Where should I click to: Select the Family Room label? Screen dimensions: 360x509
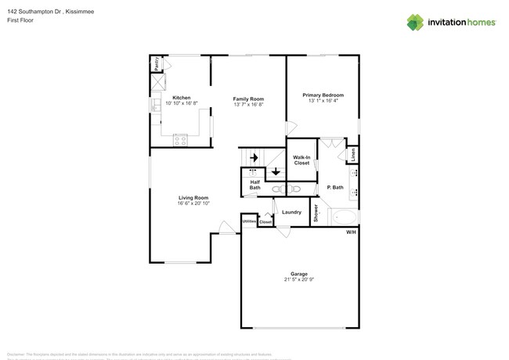[x=248, y=99]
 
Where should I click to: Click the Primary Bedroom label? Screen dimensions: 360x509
[x=323, y=95]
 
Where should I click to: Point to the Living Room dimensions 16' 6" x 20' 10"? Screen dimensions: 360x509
[x=193, y=203]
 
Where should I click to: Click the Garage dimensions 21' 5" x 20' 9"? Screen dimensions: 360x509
[x=298, y=279]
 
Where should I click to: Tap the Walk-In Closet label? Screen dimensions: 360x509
[x=301, y=160]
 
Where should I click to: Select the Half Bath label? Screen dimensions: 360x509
[x=255, y=185]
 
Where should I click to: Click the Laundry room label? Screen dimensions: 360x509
[x=292, y=212]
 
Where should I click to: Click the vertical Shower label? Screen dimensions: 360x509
[x=316, y=213]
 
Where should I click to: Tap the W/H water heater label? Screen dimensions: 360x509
[x=351, y=232]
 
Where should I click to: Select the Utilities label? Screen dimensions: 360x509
[x=249, y=222]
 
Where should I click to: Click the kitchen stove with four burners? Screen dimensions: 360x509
[x=181, y=141]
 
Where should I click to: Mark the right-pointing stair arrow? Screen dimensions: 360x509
[x=254, y=157]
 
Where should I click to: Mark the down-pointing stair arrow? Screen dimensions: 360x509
[x=276, y=172]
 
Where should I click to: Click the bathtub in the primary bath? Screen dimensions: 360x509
[x=343, y=217]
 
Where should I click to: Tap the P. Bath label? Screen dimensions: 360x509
[x=335, y=188]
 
